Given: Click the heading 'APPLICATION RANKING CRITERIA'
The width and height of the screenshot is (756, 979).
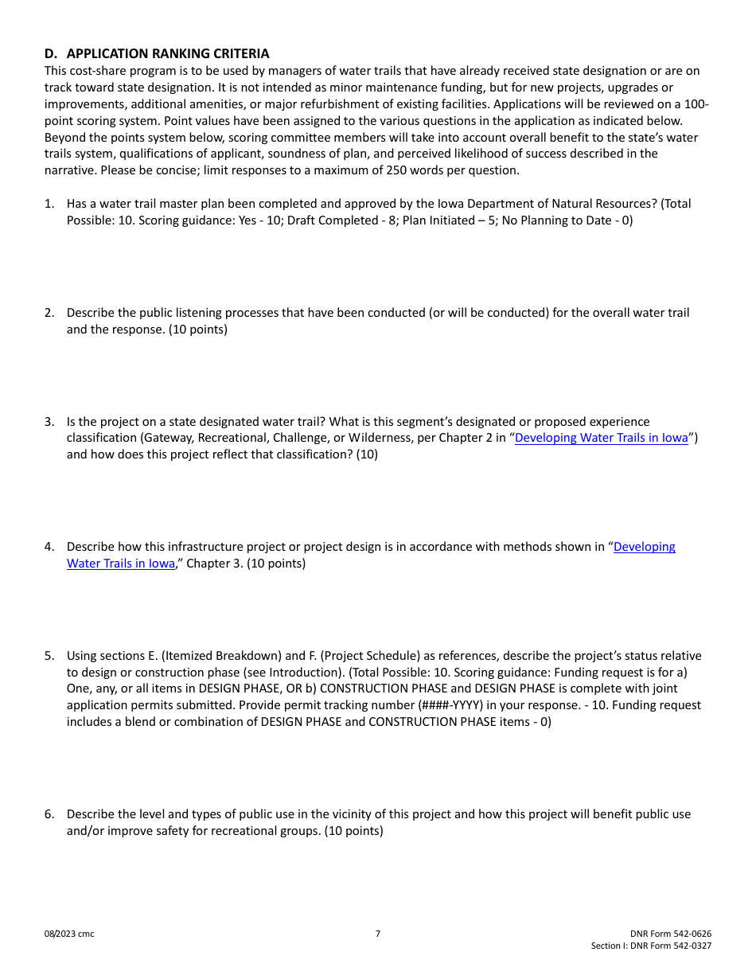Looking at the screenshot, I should click(x=168, y=54).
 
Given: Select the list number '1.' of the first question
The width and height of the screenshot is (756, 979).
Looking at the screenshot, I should click(x=49, y=204).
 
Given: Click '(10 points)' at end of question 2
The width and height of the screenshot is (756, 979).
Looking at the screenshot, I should click(x=198, y=330).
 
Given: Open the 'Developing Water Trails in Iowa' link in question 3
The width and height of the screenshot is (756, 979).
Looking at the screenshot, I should click(x=601, y=438).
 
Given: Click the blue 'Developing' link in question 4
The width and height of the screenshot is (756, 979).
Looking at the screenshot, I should click(x=645, y=547).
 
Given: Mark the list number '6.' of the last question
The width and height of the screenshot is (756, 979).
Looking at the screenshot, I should click(x=49, y=814).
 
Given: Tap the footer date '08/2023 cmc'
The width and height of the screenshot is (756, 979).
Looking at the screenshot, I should click(x=69, y=934).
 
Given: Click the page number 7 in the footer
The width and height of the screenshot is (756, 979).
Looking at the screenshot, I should click(x=378, y=934).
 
